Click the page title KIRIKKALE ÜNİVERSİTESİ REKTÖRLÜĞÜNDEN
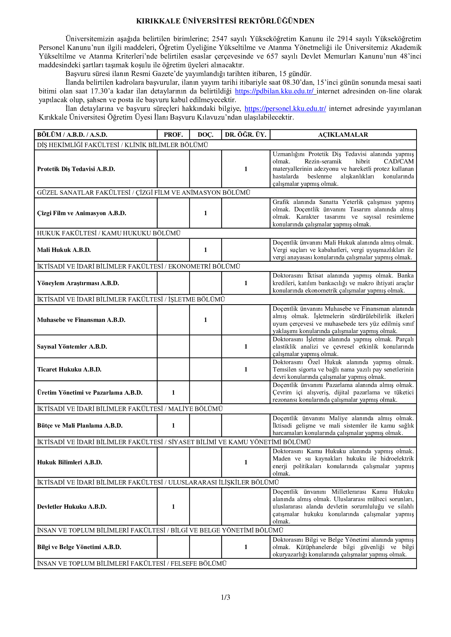click(x=225, y=21)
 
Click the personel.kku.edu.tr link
click(x=285, y=109)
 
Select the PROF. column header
click(x=173, y=135)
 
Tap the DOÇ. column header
click(x=206, y=135)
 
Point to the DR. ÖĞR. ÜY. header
click(x=245, y=135)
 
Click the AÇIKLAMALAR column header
click(x=343, y=135)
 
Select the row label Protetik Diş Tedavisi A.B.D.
click(x=76, y=169)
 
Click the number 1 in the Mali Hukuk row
click(x=206, y=250)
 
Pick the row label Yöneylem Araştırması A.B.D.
click(x=78, y=283)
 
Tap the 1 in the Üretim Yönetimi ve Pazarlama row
click(x=173, y=393)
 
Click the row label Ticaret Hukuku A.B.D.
click(x=69, y=370)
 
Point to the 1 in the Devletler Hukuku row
click(x=173, y=507)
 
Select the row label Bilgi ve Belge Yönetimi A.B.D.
click(x=79, y=547)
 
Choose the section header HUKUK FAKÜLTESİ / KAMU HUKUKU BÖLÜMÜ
click(x=109, y=233)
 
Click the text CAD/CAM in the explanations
click(x=399, y=161)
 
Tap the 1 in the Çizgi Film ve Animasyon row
click(x=206, y=213)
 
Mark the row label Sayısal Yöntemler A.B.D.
click(x=72, y=346)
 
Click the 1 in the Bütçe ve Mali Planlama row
click(x=173, y=426)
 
